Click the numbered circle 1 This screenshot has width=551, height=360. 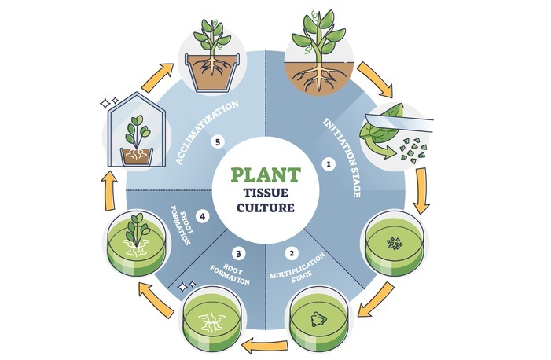tap(330, 165)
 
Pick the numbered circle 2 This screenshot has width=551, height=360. tap(292, 253)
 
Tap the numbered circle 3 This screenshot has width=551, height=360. tap(238, 253)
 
